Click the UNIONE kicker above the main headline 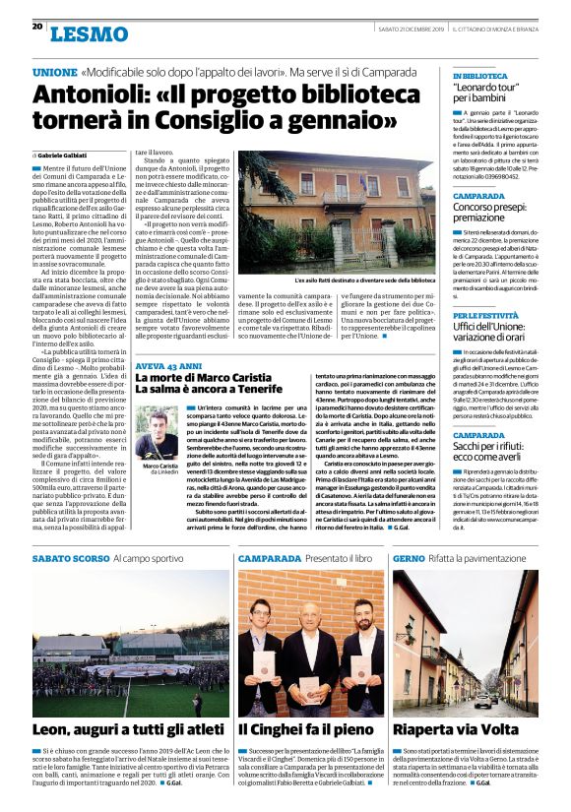54,73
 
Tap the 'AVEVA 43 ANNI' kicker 168,365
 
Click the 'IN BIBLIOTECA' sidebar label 479,76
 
